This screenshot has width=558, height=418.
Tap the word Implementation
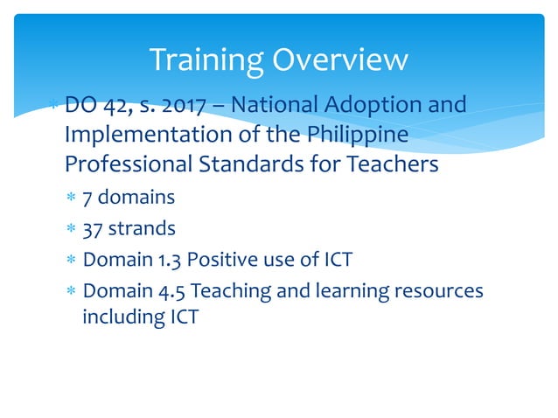click(149, 136)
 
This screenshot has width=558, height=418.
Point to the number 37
click(92, 230)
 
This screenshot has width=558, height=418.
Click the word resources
click(437, 291)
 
